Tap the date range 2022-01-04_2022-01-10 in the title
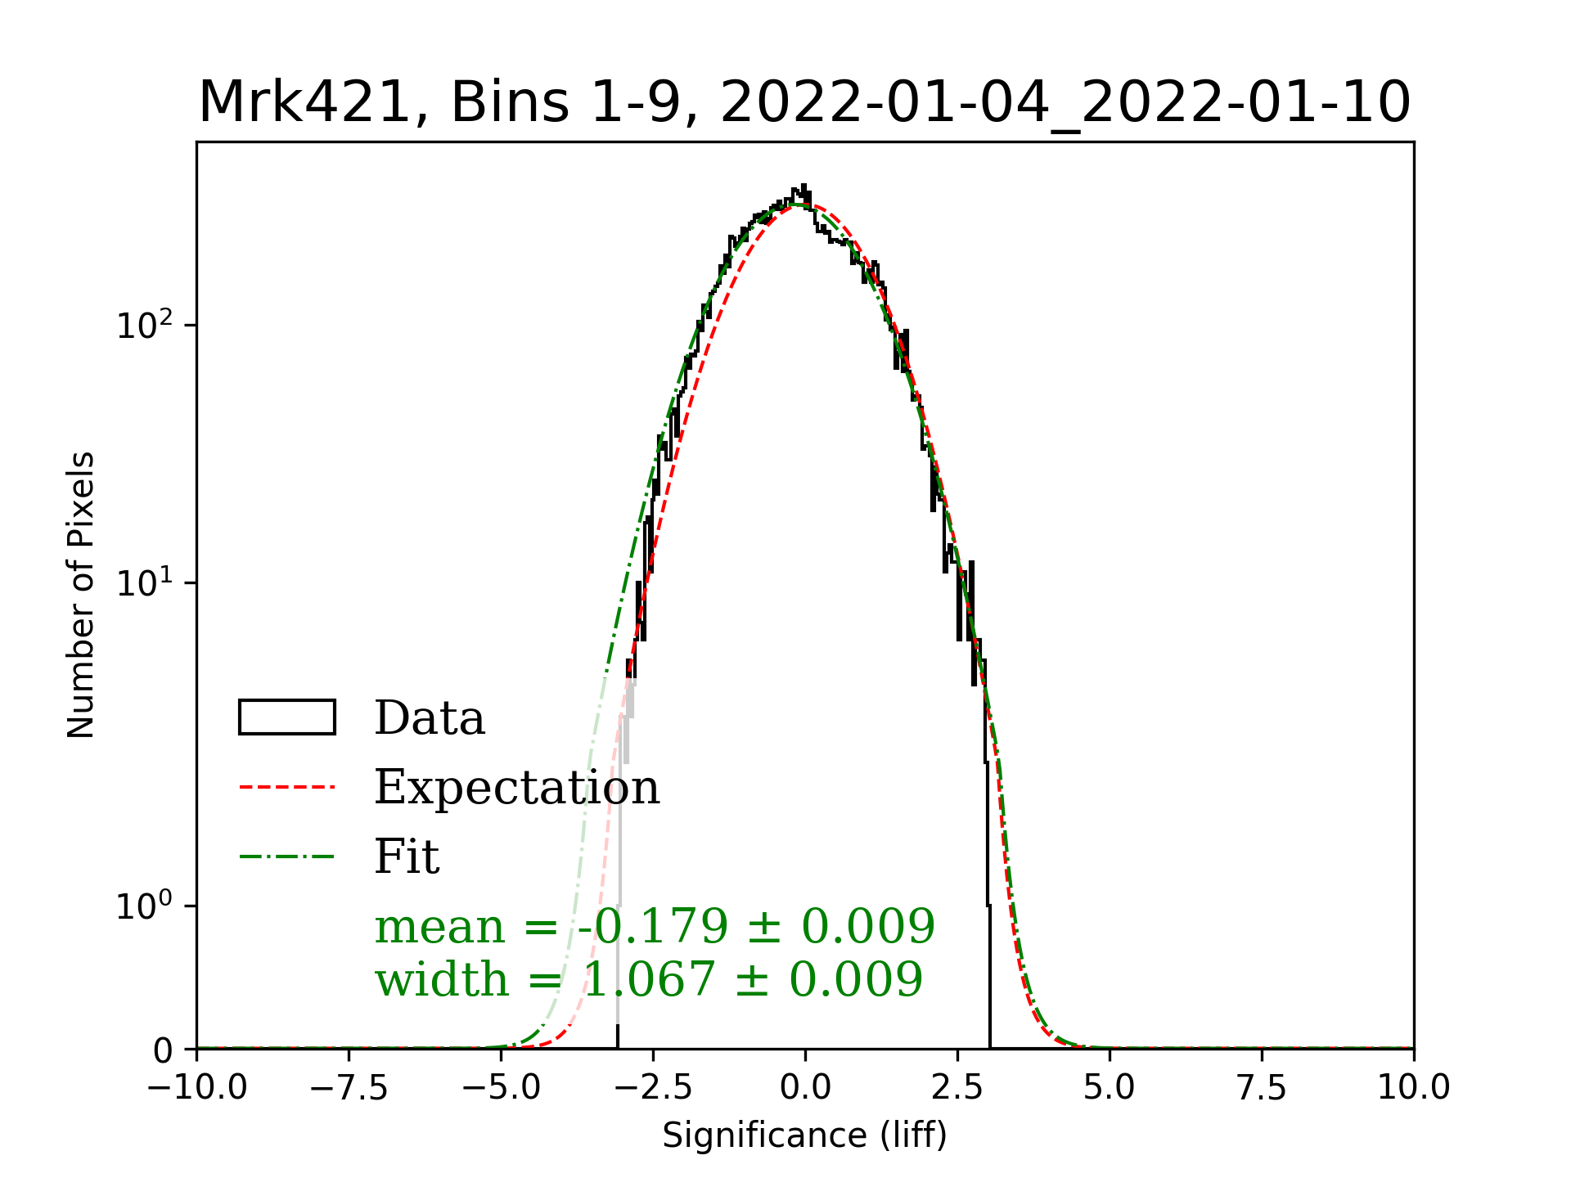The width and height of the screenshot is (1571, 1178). tap(1065, 103)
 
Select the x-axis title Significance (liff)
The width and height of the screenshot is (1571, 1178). tap(804, 1135)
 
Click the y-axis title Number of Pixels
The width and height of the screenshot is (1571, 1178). tap(81, 595)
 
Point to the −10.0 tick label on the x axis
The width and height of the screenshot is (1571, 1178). tap(196, 1087)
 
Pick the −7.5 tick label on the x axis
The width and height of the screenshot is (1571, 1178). tap(349, 1087)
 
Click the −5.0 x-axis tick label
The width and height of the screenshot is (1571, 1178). tap(501, 1087)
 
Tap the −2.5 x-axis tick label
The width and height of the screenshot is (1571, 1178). tap(653, 1087)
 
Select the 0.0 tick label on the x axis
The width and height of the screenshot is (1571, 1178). tap(805, 1087)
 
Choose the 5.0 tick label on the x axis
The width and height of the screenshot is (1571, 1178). tap(1110, 1087)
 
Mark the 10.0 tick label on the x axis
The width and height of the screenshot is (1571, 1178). tap(1413, 1087)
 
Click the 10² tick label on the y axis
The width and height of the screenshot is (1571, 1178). tap(146, 326)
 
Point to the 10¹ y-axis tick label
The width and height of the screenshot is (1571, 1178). tap(146, 583)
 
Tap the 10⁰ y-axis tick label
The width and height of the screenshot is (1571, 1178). tap(146, 906)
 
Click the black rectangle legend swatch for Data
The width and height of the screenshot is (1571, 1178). tap(286, 717)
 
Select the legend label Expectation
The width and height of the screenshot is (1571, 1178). tap(516, 787)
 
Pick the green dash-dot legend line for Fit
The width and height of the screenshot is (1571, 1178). tap(286, 857)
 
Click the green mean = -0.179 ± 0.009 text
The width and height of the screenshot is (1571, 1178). tap(655, 926)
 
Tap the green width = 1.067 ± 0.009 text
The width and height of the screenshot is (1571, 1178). tap(649, 979)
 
